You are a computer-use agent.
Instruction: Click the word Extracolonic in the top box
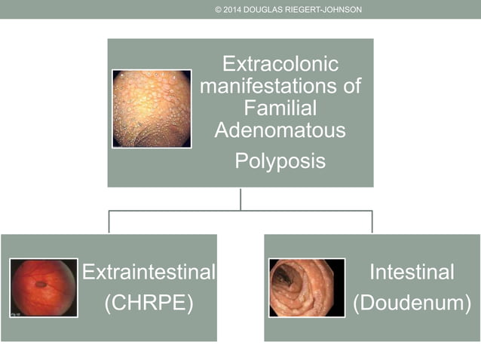pyautogui.click(x=280, y=63)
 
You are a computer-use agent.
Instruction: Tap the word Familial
pyautogui.click(x=280, y=108)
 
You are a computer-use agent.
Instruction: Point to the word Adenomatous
pyautogui.click(x=280, y=130)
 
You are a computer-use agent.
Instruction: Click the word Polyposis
pyautogui.click(x=280, y=160)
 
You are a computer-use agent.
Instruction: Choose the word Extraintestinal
pyautogui.click(x=149, y=272)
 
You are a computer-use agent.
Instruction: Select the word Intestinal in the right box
pyautogui.click(x=412, y=272)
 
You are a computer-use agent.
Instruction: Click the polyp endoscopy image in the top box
pyautogui.click(x=152, y=108)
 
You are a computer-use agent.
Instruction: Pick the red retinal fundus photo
pyautogui.click(x=44, y=287)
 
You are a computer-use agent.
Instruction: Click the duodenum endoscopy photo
pyautogui.click(x=306, y=287)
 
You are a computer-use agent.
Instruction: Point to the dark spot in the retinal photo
pyautogui.click(x=40, y=285)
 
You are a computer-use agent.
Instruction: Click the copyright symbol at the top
pyautogui.click(x=219, y=9)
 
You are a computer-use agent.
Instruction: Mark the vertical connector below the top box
pyautogui.click(x=240, y=199)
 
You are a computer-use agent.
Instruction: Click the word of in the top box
pyautogui.click(x=351, y=86)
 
